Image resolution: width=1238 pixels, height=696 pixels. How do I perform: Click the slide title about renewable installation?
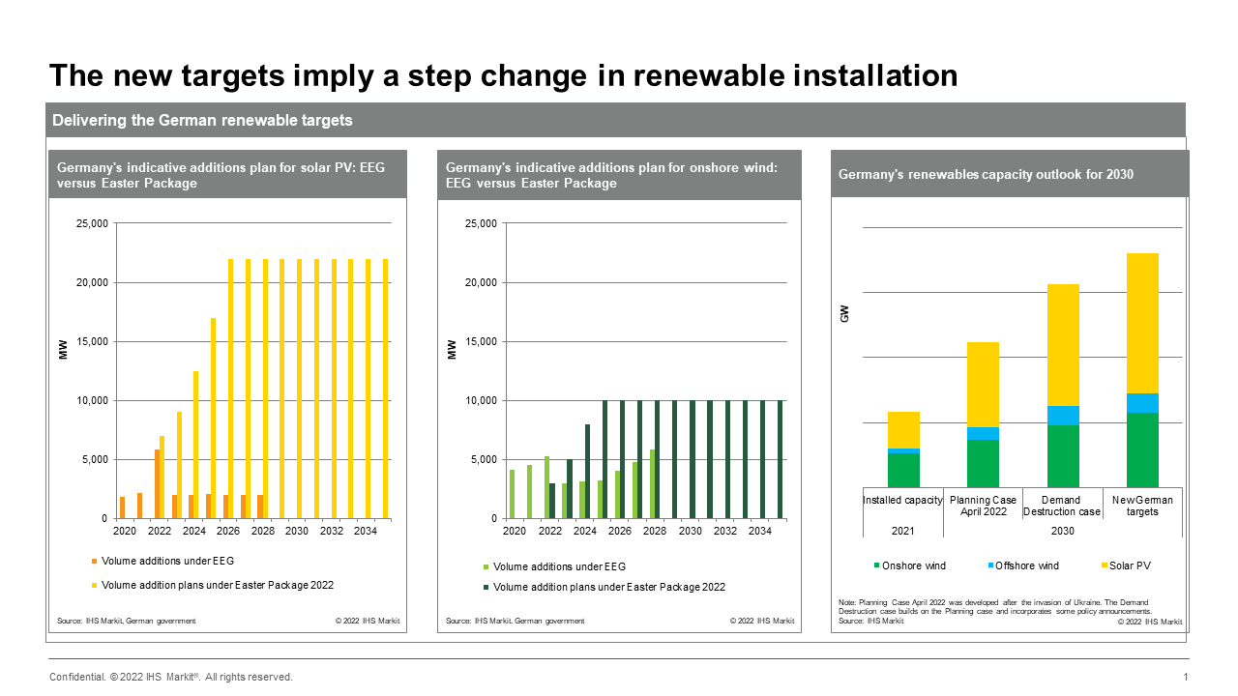tap(503, 75)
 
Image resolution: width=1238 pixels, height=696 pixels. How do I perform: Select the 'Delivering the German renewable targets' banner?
tap(202, 121)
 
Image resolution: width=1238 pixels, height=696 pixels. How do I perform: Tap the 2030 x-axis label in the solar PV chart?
tap(296, 531)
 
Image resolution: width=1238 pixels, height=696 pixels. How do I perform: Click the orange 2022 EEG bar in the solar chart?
tap(157, 483)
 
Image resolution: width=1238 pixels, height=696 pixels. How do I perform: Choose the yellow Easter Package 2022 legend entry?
tap(217, 585)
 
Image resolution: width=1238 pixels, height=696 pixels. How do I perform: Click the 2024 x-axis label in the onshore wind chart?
tap(584, 531)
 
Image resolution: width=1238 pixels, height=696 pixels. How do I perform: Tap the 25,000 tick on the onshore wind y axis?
tap(481, 224)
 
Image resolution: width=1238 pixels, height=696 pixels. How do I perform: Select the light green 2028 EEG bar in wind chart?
tap(653, 483)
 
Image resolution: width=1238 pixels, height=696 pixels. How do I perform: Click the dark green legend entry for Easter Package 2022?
tap(608, 587)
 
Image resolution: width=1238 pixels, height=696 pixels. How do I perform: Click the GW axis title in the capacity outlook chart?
tap(844, 313)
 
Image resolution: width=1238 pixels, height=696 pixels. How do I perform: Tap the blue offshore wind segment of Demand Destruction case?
tap(1063, 415)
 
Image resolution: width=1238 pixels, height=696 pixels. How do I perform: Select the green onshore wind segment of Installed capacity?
tap(903, 470)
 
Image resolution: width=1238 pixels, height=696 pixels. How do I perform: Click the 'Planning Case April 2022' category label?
tap(983, 506)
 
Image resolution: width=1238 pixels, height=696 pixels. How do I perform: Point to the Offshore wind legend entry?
tap(1025, 565)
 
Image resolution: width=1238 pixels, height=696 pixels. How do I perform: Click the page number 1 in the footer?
tap(1185, 677)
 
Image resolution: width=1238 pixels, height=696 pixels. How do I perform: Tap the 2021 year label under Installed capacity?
tap(902, 531)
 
